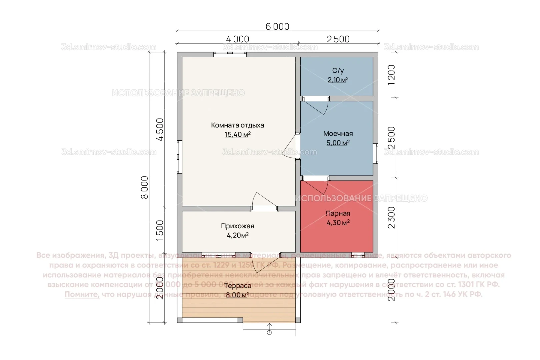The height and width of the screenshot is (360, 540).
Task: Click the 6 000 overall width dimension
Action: [x=277, y=26]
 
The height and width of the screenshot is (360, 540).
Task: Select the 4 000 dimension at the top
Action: [x=237, y=39]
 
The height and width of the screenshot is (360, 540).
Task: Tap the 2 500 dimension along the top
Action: [x=338, y=39]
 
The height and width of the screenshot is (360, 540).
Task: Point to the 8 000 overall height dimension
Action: [x=144, y=187]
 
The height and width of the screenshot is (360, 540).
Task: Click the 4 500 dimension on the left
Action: [x=160, y=130]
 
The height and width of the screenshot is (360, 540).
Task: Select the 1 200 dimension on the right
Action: [x=391, y=75]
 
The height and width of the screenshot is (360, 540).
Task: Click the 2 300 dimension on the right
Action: [x=391, y=217]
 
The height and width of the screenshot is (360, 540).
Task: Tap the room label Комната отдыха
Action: [x=237, y=125]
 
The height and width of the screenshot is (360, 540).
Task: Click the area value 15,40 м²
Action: [x=237, y=135]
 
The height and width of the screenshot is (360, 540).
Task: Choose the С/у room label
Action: [x=338, y=71]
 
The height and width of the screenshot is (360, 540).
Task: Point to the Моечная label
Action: [x=338, y=134]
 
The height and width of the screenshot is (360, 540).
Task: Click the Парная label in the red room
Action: [x=338, y=214]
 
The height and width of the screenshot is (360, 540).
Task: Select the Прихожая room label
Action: [x=237, y=226]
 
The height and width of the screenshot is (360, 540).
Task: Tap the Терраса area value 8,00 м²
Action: [x=237, y=295]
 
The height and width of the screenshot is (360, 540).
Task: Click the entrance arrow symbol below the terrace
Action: [x=269, y=329]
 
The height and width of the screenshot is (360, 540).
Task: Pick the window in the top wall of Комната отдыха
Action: [x=230, y=54]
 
